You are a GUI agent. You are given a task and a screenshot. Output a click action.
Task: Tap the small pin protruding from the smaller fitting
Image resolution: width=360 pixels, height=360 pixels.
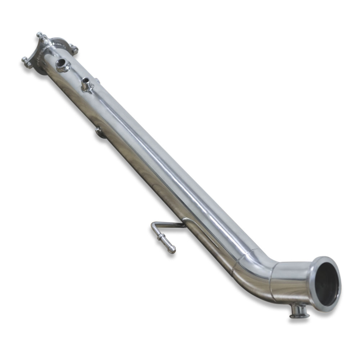click(86, 80)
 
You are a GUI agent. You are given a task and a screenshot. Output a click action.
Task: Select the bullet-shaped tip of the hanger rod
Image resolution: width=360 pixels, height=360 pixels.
click(171, 248)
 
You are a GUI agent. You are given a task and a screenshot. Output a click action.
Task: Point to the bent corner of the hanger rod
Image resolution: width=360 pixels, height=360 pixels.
click(154, 226)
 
